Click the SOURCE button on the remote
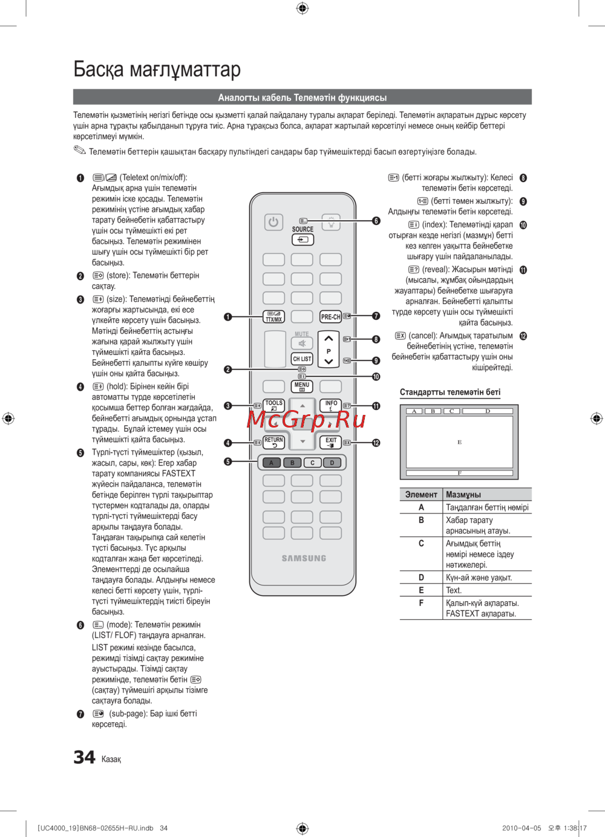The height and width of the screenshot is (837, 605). click(x=302, y=239)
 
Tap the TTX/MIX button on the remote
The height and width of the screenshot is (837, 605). click(x=274, y=317)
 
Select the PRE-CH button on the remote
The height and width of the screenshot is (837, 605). click(x=330, y=317)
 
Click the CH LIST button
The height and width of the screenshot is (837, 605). click(x=302, y=359)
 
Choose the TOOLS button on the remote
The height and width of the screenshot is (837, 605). click(x=274, y=405)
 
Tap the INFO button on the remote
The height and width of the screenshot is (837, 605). click(x=331, y=405)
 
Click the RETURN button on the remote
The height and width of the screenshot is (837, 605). click(x=274, y=442)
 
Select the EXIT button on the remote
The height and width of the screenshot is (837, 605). click(x=331, y=442)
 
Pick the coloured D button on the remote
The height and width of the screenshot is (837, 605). click(x=332, y=463)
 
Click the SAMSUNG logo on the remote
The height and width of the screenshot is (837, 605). click(x=304, y=558)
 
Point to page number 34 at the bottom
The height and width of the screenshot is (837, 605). click(x=84, y=757)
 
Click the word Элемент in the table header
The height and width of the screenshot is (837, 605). click(x=421, y=495)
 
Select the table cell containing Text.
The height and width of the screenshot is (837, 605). click(x=454, y=590)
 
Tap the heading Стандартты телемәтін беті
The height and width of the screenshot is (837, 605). click(x=450, y=392)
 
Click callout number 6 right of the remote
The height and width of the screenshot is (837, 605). click(x=376, y=221)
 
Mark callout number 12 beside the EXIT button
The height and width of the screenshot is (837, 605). click(x=376, y=443)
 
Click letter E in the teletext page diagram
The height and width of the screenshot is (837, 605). click(x=460, y=442)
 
